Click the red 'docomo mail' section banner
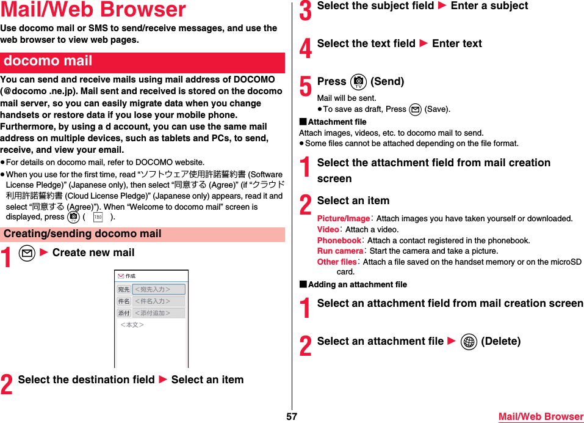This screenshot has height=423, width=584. [x=142, y=62]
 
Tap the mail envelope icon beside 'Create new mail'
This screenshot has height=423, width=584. [x=27, y=253]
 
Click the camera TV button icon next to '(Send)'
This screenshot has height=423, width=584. [x=358, y=82]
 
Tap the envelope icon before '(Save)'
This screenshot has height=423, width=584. [x=415, y=109]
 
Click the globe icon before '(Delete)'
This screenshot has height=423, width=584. [x=469, y=342]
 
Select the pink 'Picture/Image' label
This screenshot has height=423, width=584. [x=343, y=219]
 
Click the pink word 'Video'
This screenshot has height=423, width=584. [x=328, y=230]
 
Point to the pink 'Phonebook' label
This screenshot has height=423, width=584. [x=339, y=241]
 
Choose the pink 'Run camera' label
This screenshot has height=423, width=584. [x=340, y=251]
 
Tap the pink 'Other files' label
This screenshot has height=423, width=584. [x=337, y=262]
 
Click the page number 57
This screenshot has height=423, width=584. [x=292, y=416]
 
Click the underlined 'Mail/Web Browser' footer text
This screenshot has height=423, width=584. [x=541, y=416]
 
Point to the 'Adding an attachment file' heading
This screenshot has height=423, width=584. [x=357, y=285]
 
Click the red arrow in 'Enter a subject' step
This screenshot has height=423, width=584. [x=442, y=6]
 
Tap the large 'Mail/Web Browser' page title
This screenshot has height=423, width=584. [x=93, y=10]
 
